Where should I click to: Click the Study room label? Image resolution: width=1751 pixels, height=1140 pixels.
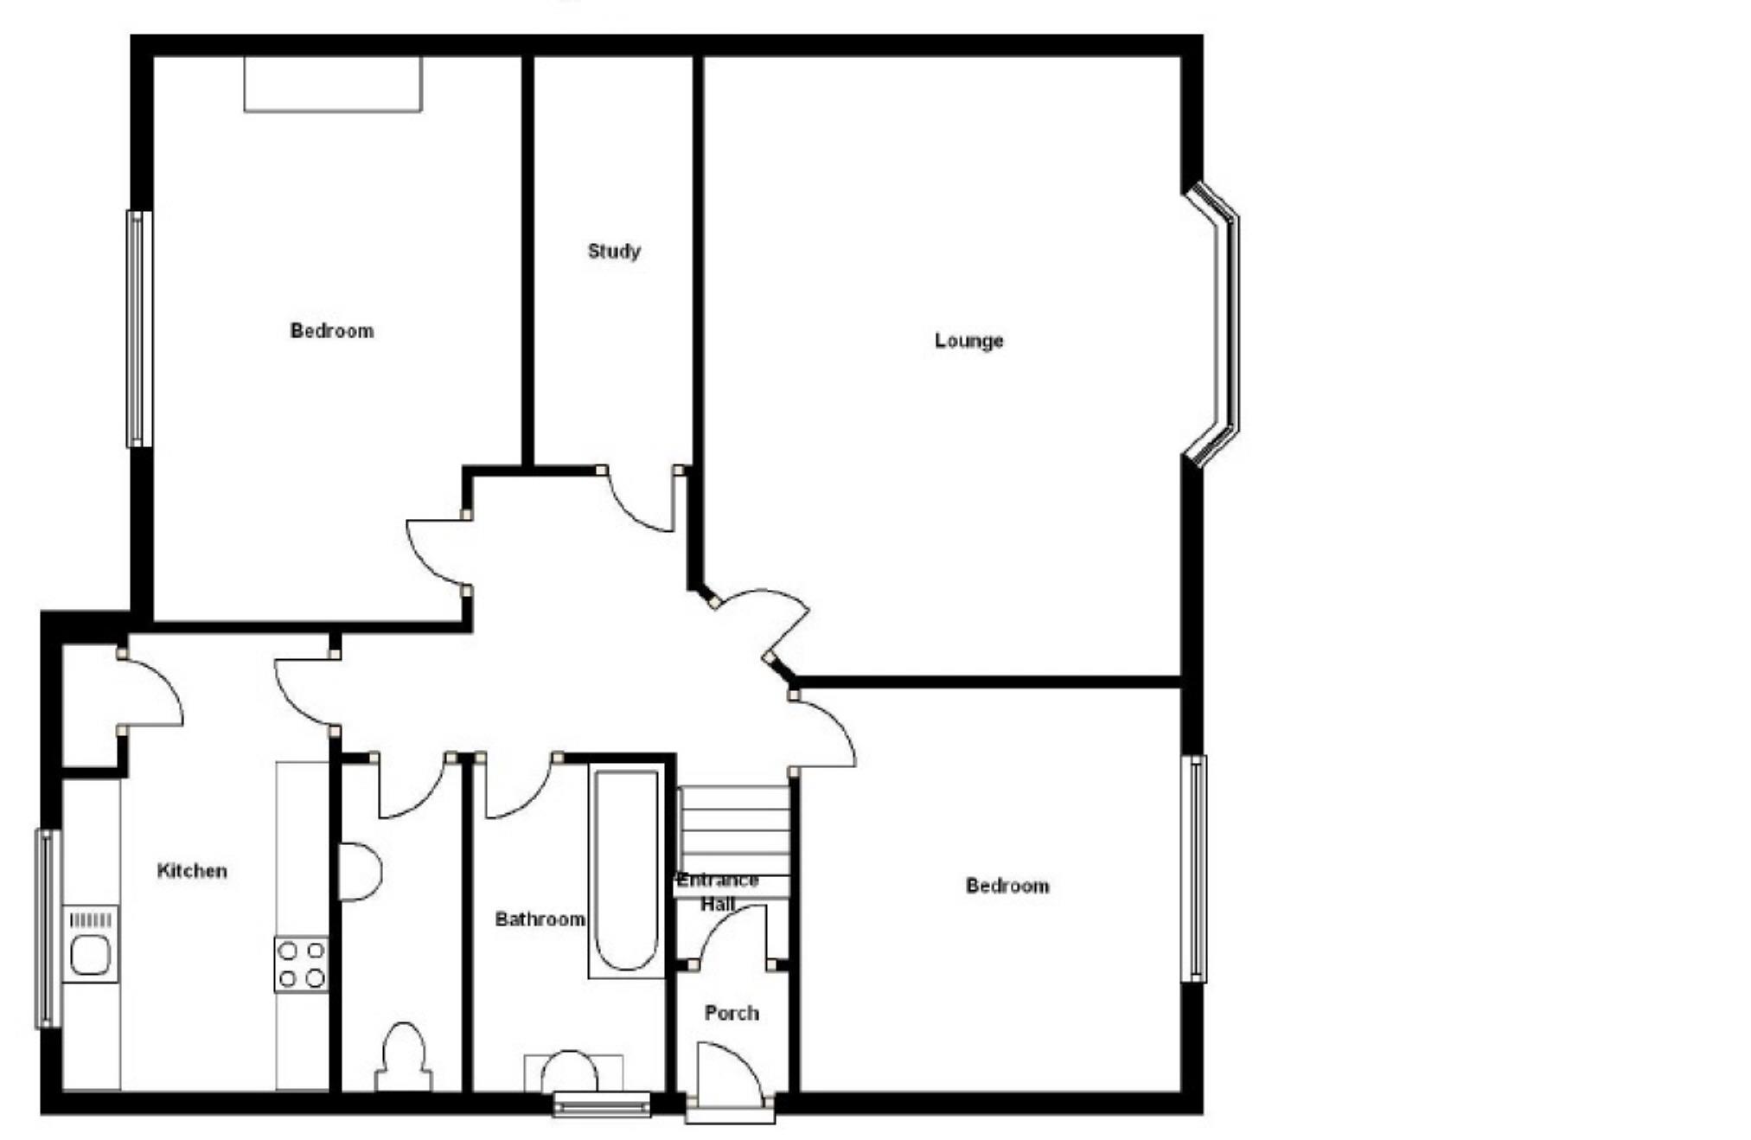click(614, 252)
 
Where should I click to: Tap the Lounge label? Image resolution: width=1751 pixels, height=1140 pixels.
click(968, 341)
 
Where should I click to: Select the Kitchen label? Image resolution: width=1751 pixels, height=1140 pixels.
click(192, 871)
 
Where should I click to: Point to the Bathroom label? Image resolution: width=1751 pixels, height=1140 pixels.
click(540, 919)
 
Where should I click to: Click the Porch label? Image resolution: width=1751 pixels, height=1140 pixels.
click(732, 1013)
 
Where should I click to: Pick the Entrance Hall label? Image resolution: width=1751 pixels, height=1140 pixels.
click(718, 892)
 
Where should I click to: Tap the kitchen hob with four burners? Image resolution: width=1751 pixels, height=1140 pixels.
click(302, 964)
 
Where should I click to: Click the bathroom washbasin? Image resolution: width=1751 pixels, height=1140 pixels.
click(569, 1073)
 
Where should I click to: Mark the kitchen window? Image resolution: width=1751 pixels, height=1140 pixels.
click(48, 929)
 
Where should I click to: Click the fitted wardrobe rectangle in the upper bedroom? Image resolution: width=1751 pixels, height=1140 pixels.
click(333, 84)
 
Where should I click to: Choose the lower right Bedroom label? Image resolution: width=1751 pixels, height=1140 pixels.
click(1007, 886)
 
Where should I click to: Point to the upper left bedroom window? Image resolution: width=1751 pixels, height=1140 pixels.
click(138, 329)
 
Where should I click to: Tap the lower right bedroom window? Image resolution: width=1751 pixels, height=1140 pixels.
click(1194, 868)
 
